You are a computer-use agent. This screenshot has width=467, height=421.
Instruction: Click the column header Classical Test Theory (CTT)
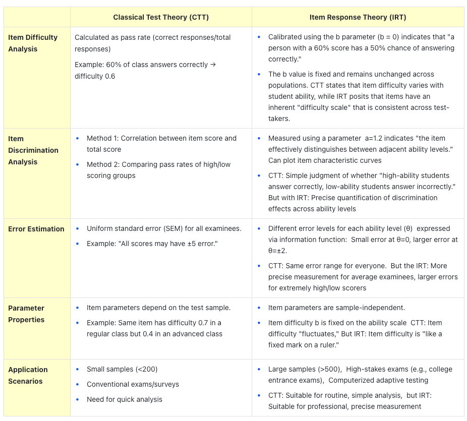pyautogui.click(x=161, y=17)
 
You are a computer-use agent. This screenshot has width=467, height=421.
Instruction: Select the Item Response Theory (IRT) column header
pyautogui.click(x=358, y=17)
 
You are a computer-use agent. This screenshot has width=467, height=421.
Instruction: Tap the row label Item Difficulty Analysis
pyautogui.click(x=33, y=43)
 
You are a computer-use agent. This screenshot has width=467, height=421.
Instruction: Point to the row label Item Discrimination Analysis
pyautogui.click(x=33, y=150)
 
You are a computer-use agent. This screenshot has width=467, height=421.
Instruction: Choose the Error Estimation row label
pyautogui.click(x=36, y=229)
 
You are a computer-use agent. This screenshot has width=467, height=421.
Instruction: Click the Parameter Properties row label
pyautogui.click(x=26, y=314)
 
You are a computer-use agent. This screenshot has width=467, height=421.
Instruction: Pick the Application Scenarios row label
pyautogui.click(x=28, y=375)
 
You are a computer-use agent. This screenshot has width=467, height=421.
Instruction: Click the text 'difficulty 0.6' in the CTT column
pyautogui.click(x=95, y=76)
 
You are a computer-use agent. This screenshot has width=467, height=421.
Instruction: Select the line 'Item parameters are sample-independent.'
pyautogui.click(x=336, y=308)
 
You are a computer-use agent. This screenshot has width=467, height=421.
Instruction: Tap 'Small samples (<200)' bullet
pyautogui.click(x=122, y=369)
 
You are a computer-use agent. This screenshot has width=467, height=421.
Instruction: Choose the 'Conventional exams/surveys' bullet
pyautogui.click(x=133, y=384)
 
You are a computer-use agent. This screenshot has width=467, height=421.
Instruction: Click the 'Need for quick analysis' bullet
pyautogui.click(x=125, y=399)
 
